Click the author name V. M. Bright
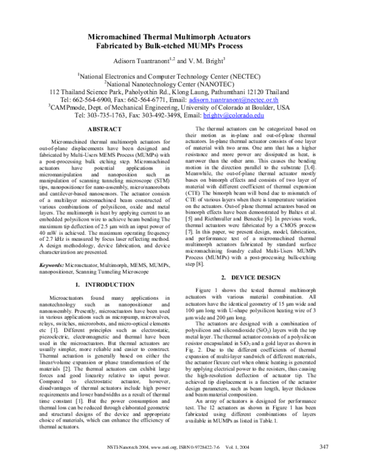[x=209, y=61]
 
